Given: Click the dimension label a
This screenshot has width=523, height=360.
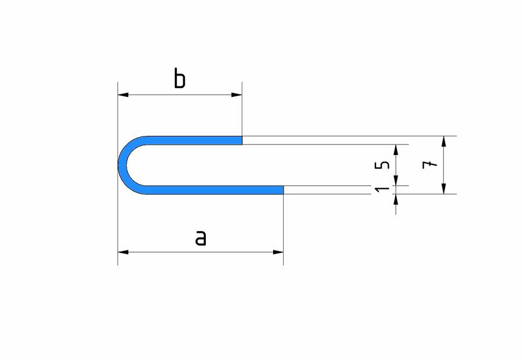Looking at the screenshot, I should (200, 237).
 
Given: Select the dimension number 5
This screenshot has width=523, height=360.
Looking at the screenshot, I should (382, 165).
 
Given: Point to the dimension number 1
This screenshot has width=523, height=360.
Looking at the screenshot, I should (382, 189).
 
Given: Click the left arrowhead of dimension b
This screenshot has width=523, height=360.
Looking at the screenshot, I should (123, 95).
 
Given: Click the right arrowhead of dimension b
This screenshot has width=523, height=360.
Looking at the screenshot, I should (237, 95).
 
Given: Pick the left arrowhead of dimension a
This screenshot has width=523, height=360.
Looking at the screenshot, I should (123, 252).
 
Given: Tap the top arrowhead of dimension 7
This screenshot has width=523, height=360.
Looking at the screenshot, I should (444, 141).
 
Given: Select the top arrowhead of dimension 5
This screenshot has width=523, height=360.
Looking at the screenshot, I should (396, 149).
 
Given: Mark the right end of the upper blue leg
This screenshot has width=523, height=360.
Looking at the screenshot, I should (241, 140).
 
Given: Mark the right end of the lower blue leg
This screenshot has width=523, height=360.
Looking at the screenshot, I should (282, 190).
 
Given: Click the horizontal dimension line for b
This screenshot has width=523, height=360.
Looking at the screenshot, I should (180, 95).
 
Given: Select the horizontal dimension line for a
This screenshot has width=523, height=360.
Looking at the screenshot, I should (200, 252).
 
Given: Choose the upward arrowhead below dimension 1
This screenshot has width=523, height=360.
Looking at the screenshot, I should (396, 199).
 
